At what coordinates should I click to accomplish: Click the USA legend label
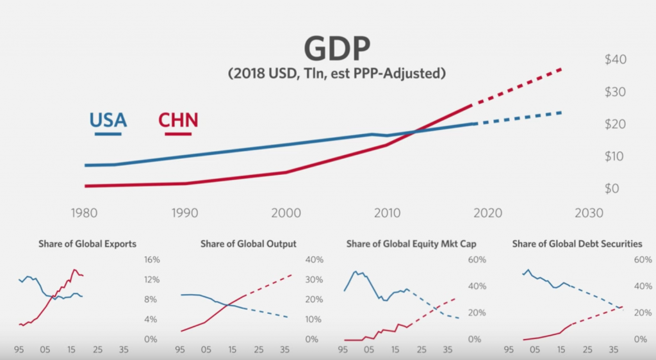108,120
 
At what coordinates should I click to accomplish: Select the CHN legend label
177,120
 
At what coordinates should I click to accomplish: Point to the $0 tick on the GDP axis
612,188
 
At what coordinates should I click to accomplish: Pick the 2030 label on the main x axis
589,213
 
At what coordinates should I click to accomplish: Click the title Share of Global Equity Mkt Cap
411,244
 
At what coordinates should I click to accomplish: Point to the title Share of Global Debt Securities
577,244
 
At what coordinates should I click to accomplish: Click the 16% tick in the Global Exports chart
151,260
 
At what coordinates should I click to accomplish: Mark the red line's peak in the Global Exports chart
74,270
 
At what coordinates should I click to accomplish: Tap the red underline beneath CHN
177,134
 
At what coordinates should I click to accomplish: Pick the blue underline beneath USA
108,134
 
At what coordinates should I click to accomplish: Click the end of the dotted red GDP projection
562,68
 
